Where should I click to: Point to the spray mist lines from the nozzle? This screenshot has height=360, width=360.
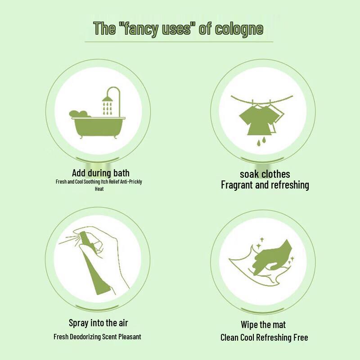pos(70,238)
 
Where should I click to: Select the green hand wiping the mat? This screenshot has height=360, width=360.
pos(270,256)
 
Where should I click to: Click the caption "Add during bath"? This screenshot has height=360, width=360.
pos(100,173)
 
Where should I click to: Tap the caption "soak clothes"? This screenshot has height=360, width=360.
pos(265,174)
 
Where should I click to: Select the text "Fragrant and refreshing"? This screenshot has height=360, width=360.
pos(265,185)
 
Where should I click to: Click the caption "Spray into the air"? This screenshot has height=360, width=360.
pos(98,323)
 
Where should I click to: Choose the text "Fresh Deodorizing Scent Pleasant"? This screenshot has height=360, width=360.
pos(97,337)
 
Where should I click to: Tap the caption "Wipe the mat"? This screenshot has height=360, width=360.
pos(263,325)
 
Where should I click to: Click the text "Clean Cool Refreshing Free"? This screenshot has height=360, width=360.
pos(264,337)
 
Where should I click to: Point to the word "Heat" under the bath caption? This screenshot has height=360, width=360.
pos(99,189)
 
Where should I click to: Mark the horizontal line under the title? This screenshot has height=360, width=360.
pos(179,42)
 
